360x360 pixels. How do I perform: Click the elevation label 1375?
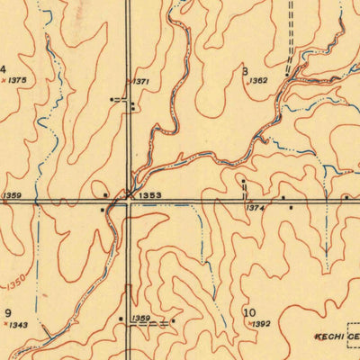click(x=18, y=81)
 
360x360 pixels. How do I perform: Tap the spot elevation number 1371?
click(x=140, y=82)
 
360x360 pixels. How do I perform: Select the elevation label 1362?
click(x=258, y=81)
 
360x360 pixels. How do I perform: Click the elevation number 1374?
click(x=256, y=208)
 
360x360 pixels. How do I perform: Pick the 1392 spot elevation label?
click(x=261, y=323)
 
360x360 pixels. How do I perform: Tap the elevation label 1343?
click(x=18, y=325)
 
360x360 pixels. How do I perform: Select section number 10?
click(x=249, y=312)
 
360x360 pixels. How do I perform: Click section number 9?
click(x=7, y=312)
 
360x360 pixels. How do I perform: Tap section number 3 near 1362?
click(x=245, y=70)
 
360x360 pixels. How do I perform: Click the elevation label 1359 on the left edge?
click(x=12, y=195)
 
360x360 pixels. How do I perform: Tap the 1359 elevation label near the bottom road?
click(x=140, y=318)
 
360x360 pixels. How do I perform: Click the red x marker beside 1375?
click(x=4, y=81)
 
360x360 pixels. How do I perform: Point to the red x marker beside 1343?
click(x=4, y=325)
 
